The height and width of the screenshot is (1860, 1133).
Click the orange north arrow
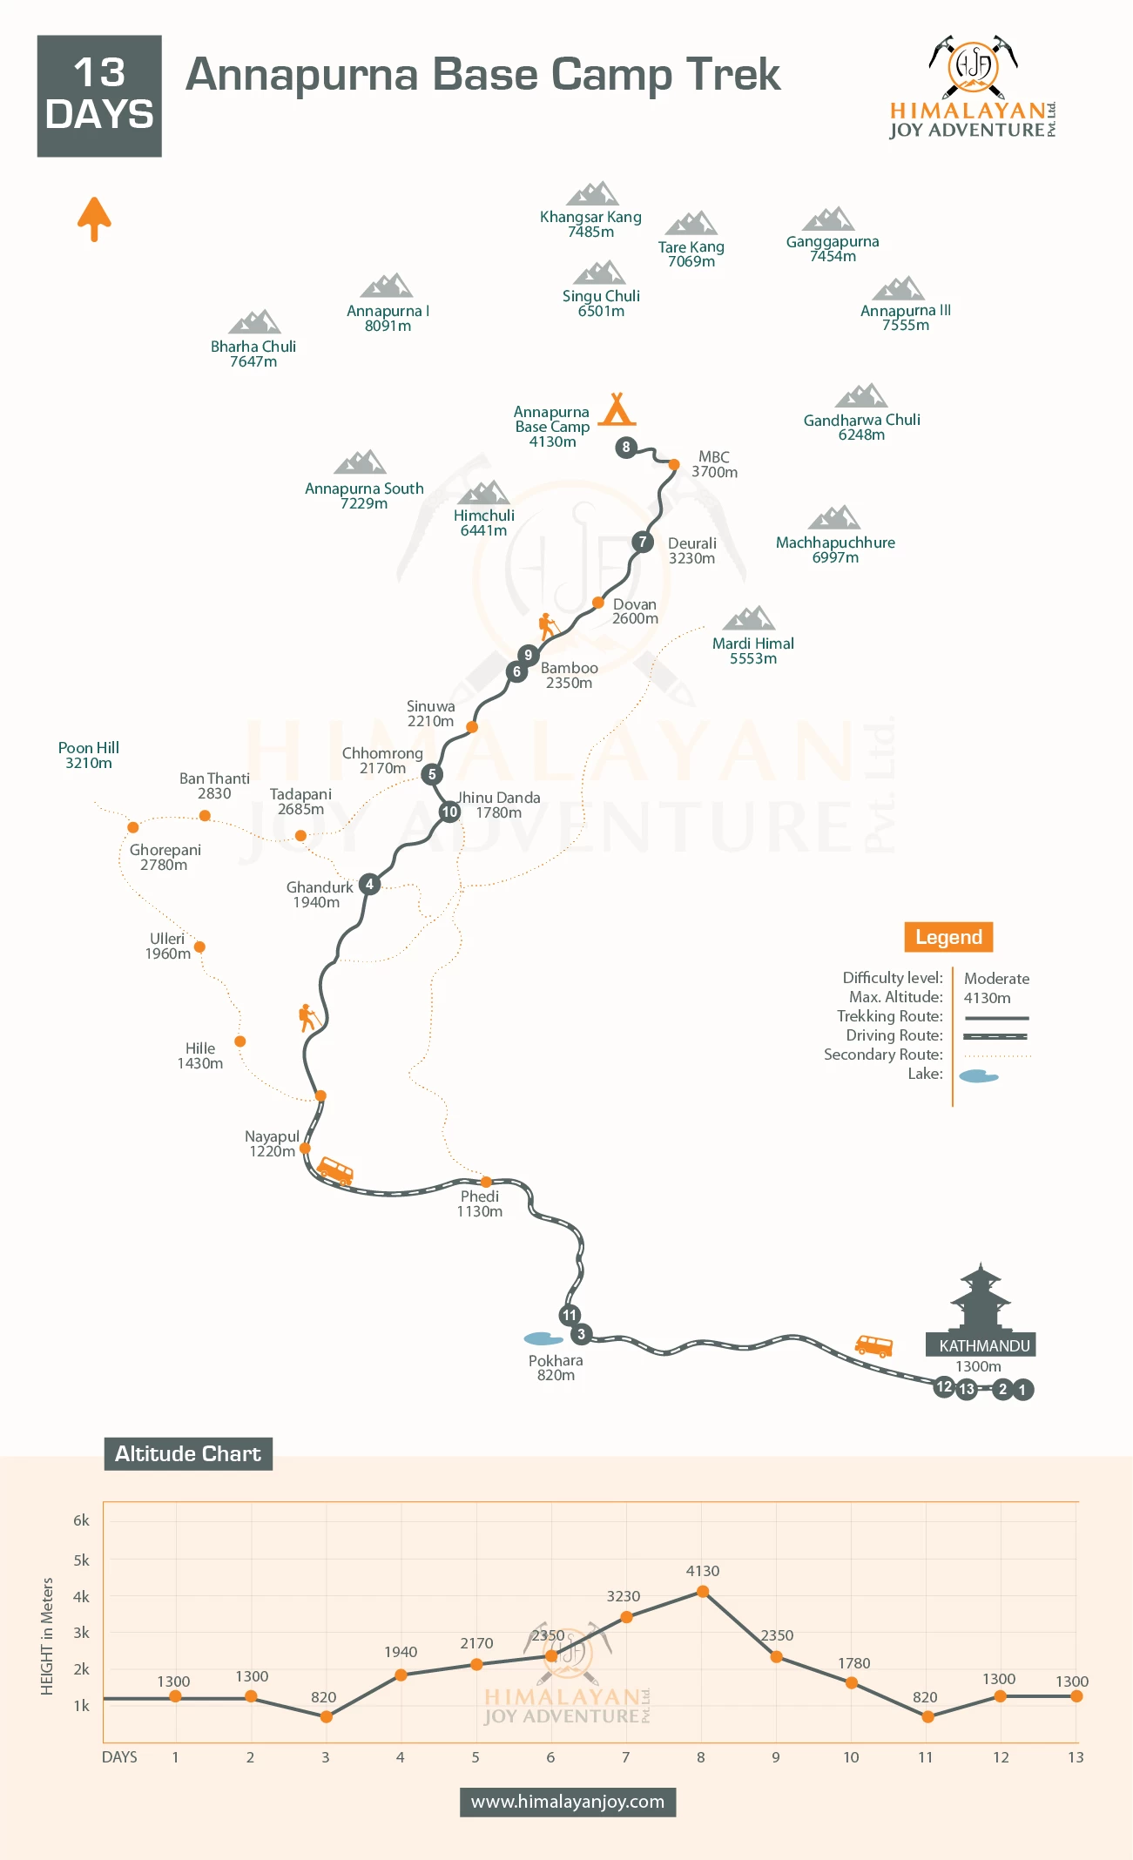click(94, 219)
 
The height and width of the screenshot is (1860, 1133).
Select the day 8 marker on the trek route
click(625, 448)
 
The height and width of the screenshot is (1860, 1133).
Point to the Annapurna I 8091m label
click(388, 318)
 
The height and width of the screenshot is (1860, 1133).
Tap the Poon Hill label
click(89, 755)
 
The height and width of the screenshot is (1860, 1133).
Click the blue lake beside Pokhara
click(543, 1338)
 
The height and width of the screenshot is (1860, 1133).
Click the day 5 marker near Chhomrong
click(432, 774)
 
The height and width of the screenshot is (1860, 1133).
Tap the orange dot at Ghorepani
click(133, 827)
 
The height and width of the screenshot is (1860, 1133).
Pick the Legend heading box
click(948, 937)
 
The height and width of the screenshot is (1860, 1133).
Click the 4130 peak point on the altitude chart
click(702, 1592)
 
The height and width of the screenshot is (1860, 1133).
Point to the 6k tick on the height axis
click(81, 1520)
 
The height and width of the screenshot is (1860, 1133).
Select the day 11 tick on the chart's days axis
click(926, 1757)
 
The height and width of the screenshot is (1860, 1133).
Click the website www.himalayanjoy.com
click(568, 1802)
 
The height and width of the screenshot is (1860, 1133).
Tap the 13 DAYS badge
click(99, 96)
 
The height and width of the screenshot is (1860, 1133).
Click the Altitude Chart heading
click(188, 1453)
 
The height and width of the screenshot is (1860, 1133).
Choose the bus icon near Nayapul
click(335, 1170)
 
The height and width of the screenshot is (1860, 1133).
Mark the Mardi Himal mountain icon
click(749, 618)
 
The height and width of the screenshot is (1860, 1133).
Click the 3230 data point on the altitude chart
click(626, 1617)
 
